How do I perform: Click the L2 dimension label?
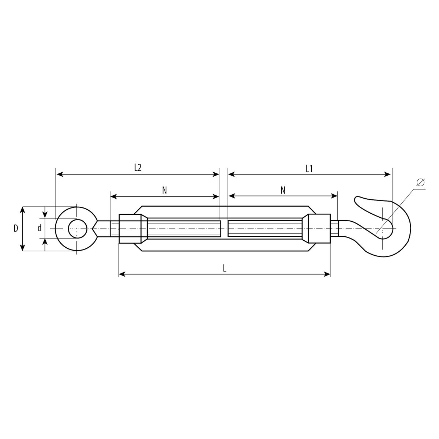point(138,168)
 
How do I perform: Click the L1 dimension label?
point(309,169)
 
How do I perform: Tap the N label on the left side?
point(164,191)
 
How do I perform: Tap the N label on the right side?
point(283,190)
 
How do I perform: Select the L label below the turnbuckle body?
point(225,269)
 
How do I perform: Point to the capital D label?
point(16,228)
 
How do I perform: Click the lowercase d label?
point(40,228)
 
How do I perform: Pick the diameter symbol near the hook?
point(421,182)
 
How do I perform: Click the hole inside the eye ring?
point(78,229)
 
